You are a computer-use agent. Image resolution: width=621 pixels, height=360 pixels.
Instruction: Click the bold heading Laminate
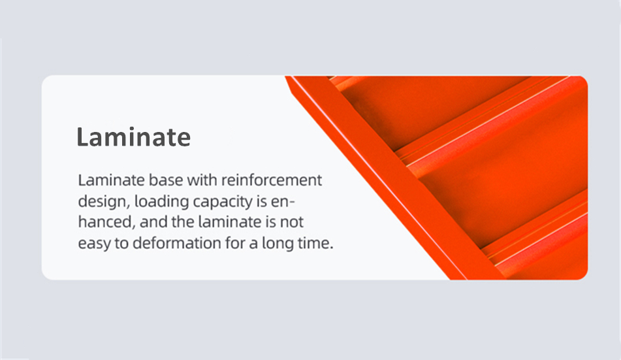click(133, 137)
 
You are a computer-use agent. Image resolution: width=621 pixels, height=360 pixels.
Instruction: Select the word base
click(152, 180)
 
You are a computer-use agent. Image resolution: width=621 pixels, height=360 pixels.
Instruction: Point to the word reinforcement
click(264, 180)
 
